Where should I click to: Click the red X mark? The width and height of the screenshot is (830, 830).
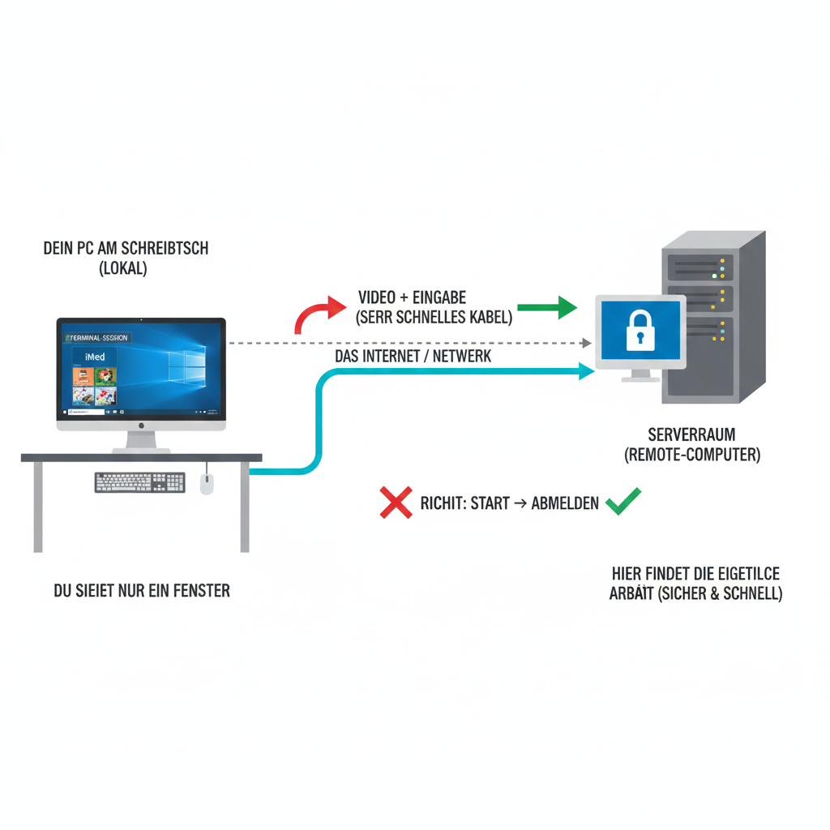(396, 503)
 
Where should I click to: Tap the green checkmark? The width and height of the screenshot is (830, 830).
(623, 502)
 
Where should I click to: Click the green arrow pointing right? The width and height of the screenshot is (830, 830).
(546, 308)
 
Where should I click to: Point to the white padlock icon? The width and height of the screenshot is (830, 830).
(640, 331)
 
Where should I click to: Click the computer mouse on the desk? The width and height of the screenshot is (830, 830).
(207, 484)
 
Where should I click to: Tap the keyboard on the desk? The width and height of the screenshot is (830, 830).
(139, 482)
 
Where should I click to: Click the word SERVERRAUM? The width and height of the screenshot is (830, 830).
(692, 434)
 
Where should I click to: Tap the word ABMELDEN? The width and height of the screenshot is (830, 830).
(565, 503)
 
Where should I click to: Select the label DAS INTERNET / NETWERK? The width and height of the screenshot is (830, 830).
(413, 356)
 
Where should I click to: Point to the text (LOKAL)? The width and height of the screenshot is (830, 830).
(122, 269)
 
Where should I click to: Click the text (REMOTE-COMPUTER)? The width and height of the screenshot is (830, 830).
(692, 455)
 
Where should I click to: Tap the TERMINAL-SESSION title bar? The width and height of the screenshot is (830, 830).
(96, 337)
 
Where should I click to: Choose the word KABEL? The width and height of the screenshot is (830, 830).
(489, 318)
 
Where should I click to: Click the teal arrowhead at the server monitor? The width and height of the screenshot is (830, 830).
(588, 370)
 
